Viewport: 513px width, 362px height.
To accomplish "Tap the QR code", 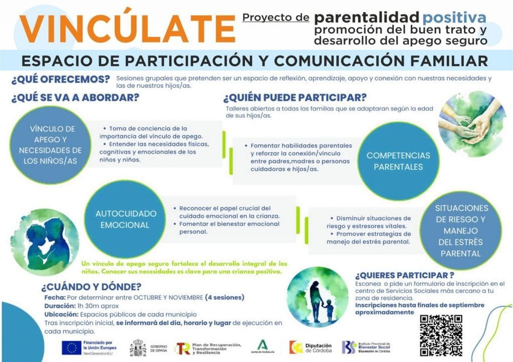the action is pyautogui.click(x=441, y=335).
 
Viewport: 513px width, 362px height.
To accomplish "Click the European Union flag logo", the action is pyautogui.click(x=72, y=348).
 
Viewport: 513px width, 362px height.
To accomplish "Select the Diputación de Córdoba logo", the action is pyautogui.click(x=311, y=347).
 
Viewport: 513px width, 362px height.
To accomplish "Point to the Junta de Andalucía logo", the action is pyautogui.click(x=263, y=346).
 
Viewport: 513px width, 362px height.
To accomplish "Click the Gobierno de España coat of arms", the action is pyautogui.click(x=138, y=348).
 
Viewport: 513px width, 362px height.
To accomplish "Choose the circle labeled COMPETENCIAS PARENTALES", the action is pyautogui.click(x=398, y=161).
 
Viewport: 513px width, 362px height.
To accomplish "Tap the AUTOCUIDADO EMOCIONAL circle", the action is pyautogui.click(x=125, y=219).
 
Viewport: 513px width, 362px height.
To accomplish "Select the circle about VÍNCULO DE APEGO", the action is pyautogui.click(x=50, y=145).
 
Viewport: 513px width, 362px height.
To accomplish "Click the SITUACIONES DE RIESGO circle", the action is pyautogui.click(x=460, y=230).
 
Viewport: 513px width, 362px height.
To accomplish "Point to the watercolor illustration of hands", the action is pyautogui.click(x=472, y=124).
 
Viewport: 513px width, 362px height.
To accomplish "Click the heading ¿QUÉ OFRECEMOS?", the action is pyautogui.click(x=61, y=80).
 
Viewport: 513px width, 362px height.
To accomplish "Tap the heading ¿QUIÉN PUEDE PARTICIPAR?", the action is pyautogui.click(x=295, y=98).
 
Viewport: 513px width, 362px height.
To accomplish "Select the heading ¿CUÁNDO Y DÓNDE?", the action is pyautogui.click(x=91, y=287).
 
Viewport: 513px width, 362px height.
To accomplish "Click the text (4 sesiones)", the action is pyautogui.click(x=225, y=297).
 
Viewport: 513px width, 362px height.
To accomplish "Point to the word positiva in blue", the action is pyautogui.click(x=454, y=18).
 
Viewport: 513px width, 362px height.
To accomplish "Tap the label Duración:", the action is pyautogui.click(x=60, y=306).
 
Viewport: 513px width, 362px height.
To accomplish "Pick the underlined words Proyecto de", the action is pyautogui.click(x=276, y=18).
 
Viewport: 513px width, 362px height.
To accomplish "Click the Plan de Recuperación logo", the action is pyautogui.click(x=208, y=348).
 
